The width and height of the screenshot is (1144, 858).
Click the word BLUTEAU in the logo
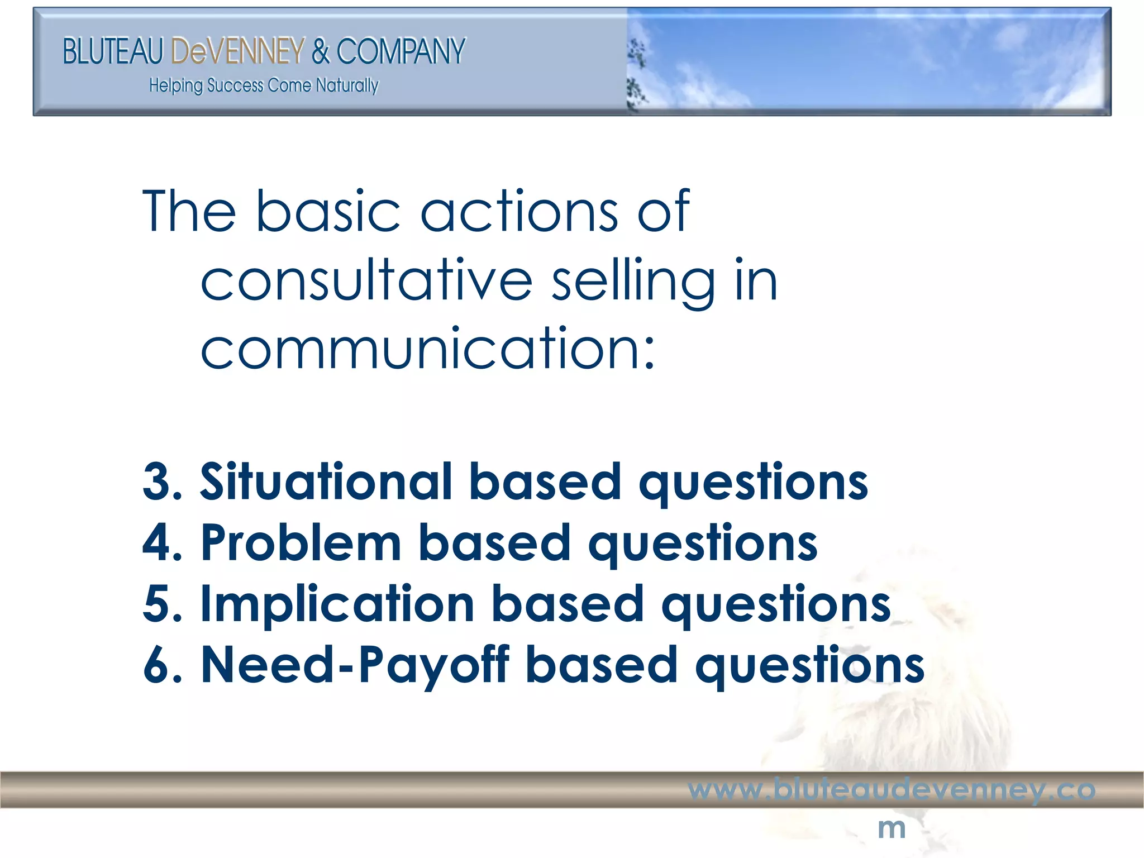tap(112, 51)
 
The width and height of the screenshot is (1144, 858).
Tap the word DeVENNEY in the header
tap(238, 51)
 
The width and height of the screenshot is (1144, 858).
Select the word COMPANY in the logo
tap(401, 51)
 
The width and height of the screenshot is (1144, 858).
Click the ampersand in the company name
tap(321, 51)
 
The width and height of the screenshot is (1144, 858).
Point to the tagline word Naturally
tap(347, 85)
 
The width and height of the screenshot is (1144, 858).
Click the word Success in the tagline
tap(235, 85)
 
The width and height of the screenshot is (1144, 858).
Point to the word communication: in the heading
tap(427, 349)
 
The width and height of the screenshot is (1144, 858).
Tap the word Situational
tap(326, 482)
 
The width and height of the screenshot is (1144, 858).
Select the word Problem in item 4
tap(301, 542)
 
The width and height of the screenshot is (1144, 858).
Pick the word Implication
tap(337, 604)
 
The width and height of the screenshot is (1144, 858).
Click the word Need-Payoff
tap(355, 665)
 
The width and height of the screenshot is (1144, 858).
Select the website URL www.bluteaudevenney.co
tap(892, 790)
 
